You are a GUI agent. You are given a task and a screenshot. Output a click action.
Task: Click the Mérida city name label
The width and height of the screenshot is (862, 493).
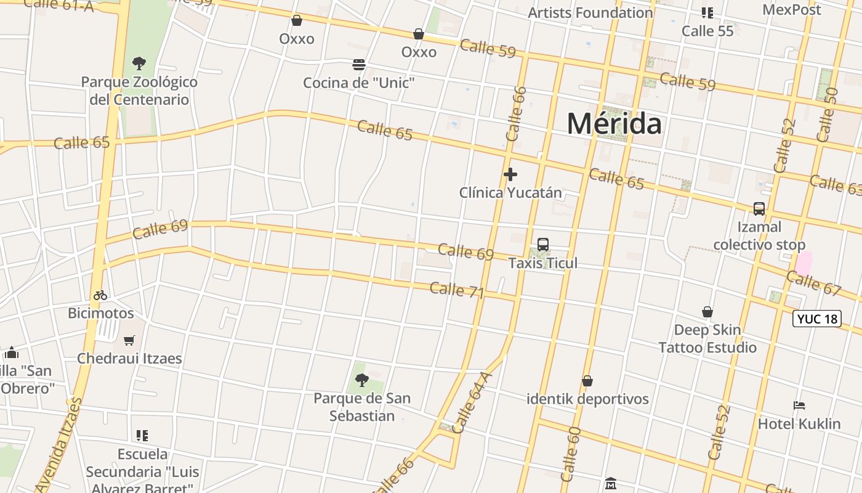point(614,124)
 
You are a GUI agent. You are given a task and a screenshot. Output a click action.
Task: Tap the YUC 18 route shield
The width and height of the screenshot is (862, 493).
point(816,319)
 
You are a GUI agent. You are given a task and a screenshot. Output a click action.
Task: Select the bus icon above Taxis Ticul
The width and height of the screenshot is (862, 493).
point(543,245)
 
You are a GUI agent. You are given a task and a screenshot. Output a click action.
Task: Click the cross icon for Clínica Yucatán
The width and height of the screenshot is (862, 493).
point(510,175)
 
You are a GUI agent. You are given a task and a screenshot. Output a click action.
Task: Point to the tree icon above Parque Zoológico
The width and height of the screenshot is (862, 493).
point(139,63)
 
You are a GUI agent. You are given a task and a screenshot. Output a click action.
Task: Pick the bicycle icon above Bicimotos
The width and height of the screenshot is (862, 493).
point(100,295)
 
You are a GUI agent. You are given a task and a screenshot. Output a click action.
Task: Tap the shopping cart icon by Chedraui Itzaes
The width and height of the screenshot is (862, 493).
point(129,340)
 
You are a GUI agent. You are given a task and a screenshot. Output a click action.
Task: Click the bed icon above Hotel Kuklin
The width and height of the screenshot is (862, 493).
point(799,405)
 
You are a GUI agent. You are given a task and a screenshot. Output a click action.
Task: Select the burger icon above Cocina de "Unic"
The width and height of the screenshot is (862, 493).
point(359,65)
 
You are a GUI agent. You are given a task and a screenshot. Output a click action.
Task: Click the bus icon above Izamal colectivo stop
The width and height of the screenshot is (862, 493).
point(759,209)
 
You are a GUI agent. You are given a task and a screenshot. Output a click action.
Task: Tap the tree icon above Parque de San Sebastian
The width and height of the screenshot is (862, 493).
point(362,380)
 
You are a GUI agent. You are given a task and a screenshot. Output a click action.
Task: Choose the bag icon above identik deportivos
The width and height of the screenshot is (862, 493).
point(587,381)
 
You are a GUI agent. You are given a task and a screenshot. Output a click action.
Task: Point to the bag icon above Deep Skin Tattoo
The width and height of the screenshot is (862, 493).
point(707,312)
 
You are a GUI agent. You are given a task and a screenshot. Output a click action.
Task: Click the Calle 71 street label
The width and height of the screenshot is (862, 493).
point(457,290)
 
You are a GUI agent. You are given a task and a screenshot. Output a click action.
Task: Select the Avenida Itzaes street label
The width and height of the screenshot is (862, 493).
point(59,444)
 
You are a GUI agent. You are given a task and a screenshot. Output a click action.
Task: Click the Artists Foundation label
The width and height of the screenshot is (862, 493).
point(590,12)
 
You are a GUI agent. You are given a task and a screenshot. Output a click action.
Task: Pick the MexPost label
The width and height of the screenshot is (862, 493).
point(791,10)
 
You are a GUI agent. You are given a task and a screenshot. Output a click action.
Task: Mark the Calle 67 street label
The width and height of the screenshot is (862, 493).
point(813,282)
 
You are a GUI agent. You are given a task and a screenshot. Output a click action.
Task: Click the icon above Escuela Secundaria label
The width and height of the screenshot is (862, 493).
point(142,436)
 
